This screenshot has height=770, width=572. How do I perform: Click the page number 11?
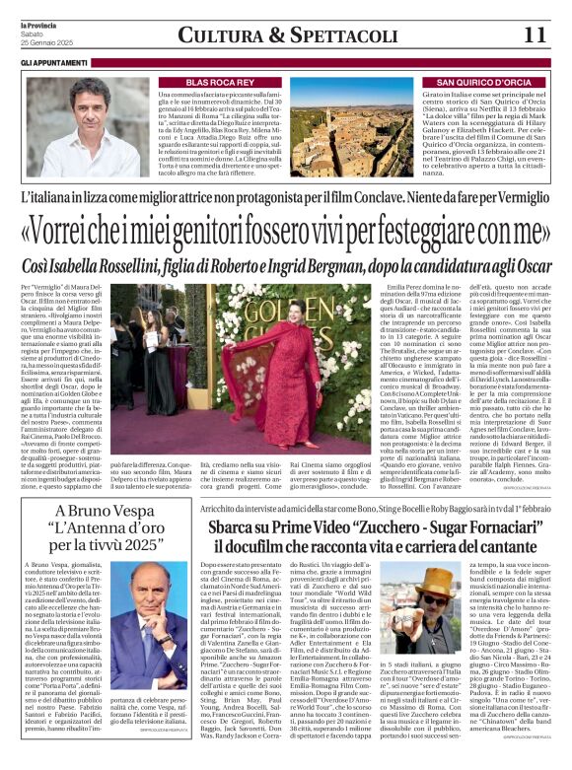pos(536,35)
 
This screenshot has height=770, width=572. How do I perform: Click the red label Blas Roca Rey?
pos(216,82)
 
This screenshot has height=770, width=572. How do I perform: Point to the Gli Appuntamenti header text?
pos(50,62)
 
